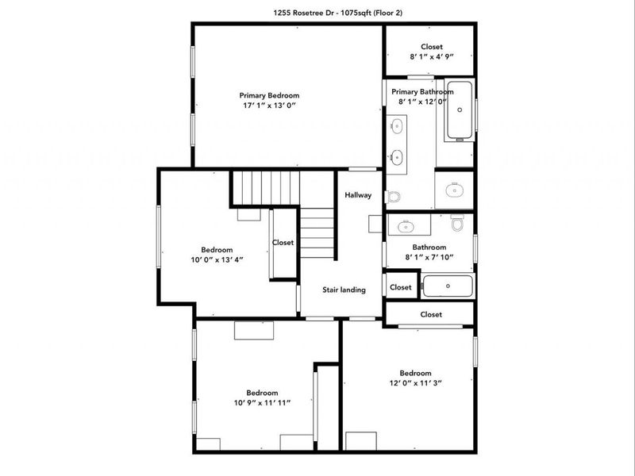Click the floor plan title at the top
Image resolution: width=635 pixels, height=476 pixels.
point(338,13)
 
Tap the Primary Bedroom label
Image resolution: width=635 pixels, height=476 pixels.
point(269,95)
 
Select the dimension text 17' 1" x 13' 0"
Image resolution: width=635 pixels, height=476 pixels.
point(269,106)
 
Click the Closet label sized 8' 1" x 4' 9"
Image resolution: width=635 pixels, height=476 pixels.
point(432,47)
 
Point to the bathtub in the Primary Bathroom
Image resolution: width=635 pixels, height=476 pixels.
point(460,110)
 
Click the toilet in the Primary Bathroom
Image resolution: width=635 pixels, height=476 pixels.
point(393,197)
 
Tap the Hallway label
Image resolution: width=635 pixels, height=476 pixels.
point(358,195)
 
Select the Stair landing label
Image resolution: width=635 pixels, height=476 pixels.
point(344,290)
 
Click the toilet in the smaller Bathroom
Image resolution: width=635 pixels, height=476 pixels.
point(457,223)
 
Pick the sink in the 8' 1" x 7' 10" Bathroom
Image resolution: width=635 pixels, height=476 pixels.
point(406,226)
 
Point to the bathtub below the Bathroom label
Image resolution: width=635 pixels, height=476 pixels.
point(448,286)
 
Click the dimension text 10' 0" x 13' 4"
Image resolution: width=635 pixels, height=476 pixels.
point(217,260)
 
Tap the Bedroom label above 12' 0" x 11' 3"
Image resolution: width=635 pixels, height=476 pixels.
point(415,373)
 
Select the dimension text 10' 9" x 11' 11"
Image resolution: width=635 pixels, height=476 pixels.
point(263,403)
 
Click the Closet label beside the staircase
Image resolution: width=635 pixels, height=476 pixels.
point(283,243)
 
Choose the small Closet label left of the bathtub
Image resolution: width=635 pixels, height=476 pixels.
point(401,287)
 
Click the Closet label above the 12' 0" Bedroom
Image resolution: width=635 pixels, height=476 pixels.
point(431,314)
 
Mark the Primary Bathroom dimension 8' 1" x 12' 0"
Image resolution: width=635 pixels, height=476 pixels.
point(422,102)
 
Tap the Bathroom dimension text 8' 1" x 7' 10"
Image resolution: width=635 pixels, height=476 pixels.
point(429,257)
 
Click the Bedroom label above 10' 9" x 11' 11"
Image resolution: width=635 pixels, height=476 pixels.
point(262,393)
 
